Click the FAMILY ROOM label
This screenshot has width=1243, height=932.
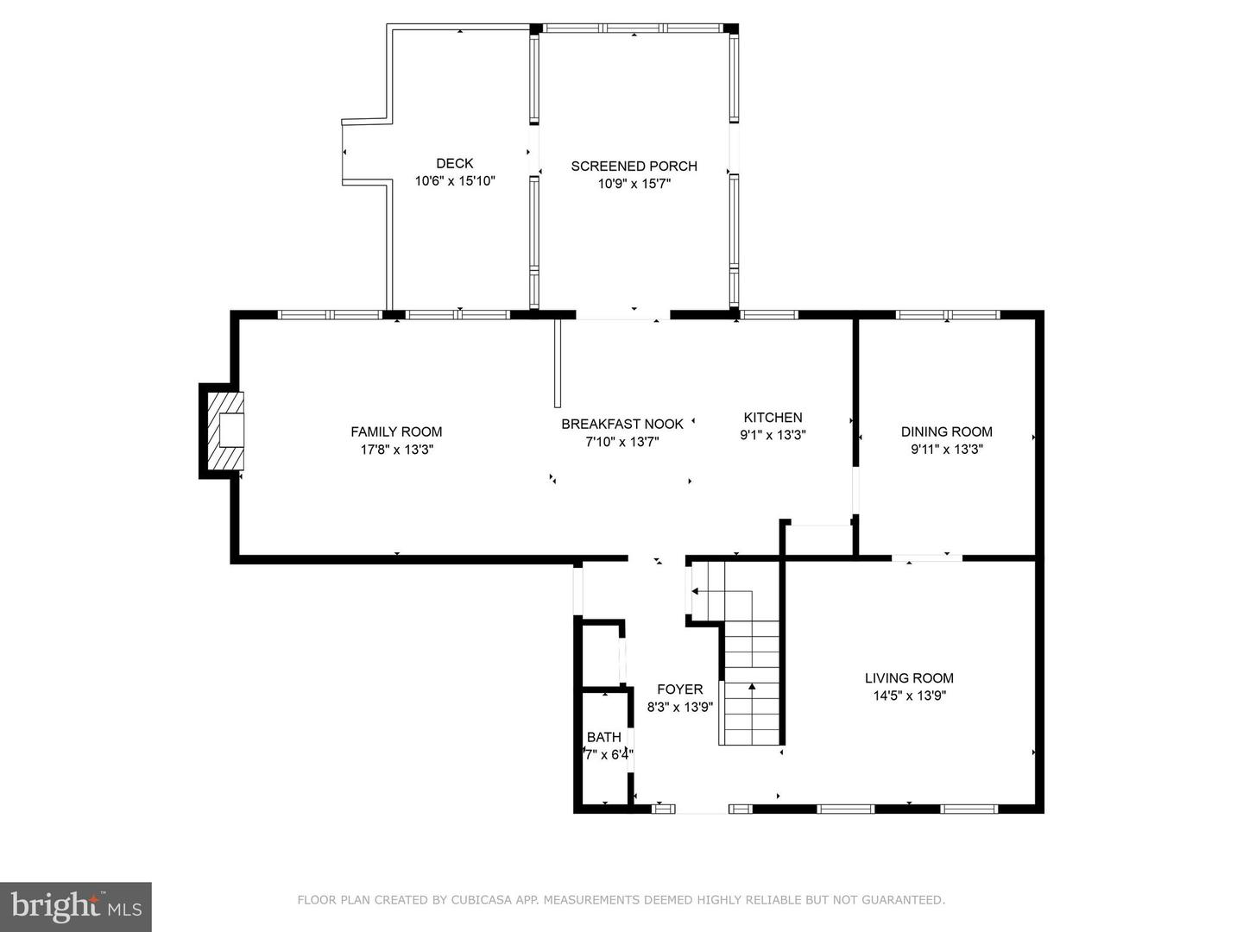pyautogui.click(x=396, y=431)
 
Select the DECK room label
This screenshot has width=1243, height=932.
pyautogui.click(x=454, y=163)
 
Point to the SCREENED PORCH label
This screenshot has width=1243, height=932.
pyautogui.click(x=634, y=166)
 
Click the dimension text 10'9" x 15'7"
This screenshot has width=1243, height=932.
pyautogui.click(x=634, y=184)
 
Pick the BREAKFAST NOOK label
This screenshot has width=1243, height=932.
pyautogui.click(x=621, y=424)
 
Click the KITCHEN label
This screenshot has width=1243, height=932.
pyautogui.click(x=773, y=418)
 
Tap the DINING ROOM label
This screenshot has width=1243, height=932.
pyautogui.click(x=946, y=431)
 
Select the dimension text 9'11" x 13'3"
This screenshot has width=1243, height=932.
pyautogui.click(x=946, y=450)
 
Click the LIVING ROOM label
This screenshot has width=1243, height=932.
pyautogui.click(x=909, y=678)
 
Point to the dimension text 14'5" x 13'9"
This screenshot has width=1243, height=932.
pyautogui.click(x=909, y=696)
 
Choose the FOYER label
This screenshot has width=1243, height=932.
pyautogui.click(x=679, y=690)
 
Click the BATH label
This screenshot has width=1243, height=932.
pyautogui.click(x=603, y=737)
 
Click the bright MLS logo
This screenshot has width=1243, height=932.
pyautogui.click(x=76, y=906)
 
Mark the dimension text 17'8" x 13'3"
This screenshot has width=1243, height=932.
pyautogui.click(x=396, y=450)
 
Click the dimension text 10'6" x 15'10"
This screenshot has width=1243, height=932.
pyautogui.click(x=454, y=181)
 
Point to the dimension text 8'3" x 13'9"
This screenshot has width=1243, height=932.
pyautogui.click(x=679, y=707)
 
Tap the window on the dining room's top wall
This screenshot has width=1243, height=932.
pyautogui.click(x=947, y=315)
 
